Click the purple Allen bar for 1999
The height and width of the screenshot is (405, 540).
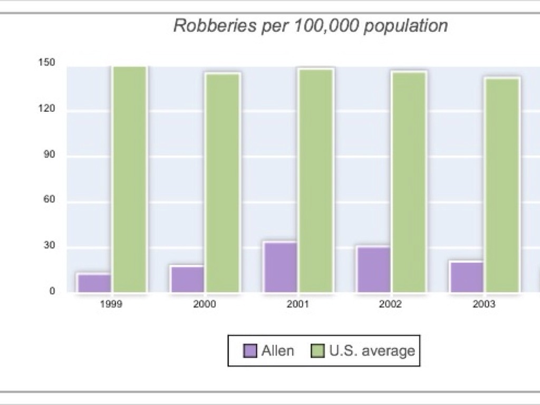coord(94,283)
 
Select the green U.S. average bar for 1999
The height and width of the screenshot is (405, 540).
coord(129,179)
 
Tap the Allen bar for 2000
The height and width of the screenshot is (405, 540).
coord(187,279)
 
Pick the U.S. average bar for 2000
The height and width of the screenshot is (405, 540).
coord(223,182)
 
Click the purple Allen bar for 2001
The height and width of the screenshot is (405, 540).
coord(281,267)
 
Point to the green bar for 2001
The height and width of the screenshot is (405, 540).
coord(316,180)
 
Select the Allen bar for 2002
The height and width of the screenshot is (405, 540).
coord(374,269)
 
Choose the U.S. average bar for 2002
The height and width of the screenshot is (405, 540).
coord(409,182)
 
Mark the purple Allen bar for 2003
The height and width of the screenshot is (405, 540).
coord(467,276)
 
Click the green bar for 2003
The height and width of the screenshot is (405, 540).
coord(502,185)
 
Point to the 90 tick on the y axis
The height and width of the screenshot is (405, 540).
coord(49,156)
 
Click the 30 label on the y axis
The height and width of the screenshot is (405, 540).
coord(49,246)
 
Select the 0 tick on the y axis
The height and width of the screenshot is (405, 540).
coord(52,291)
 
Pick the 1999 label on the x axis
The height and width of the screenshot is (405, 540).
coord(111,305)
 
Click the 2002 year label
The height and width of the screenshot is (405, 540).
coord(390,305)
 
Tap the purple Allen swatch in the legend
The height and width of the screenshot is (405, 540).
coord(250,351)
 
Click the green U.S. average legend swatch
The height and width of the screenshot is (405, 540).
coord(318,351)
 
